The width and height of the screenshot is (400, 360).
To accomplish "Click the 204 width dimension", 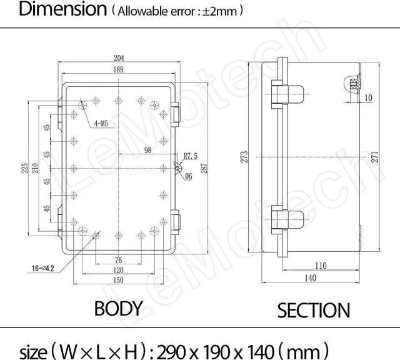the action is tap(119, 58).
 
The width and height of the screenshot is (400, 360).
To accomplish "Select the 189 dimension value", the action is tap(118, 69).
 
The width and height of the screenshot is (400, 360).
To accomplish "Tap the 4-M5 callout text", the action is tap(101, 124).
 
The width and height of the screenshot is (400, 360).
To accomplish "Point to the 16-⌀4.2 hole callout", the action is tap(43, 268).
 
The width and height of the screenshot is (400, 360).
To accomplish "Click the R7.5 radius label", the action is tap(191, 156).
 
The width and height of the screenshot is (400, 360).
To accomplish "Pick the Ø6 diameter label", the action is tap(189, 176).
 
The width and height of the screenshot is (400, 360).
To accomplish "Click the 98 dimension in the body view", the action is tap(147, 150).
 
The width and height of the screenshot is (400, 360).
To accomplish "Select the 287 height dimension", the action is tap(204, 168).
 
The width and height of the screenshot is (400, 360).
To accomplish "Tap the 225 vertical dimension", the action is tap(24, 168).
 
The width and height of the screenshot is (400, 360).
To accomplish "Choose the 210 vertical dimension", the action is tap(35, 168).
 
